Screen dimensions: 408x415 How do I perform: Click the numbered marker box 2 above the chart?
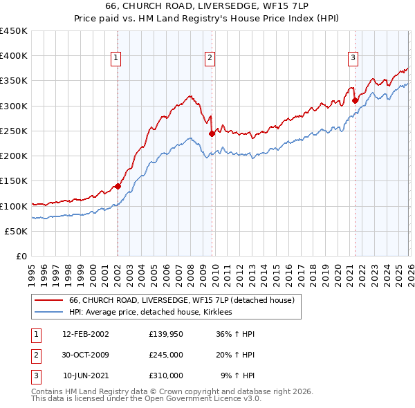point(209,59)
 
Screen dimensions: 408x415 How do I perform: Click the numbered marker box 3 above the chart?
point(353,59)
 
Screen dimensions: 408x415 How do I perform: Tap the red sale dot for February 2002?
point(118,186)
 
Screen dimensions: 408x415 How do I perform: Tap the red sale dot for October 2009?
point(212,133)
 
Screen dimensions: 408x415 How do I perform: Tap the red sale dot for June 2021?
point(355,100)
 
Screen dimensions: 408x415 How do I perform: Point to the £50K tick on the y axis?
point(17,231)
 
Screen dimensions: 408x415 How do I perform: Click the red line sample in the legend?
point(48,300)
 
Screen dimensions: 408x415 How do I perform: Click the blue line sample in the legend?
point(48,313)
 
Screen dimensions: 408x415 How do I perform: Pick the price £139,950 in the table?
point(165,334)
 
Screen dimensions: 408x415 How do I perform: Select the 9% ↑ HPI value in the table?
point(238,375)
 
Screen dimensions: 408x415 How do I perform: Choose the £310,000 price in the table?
point(165,375)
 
